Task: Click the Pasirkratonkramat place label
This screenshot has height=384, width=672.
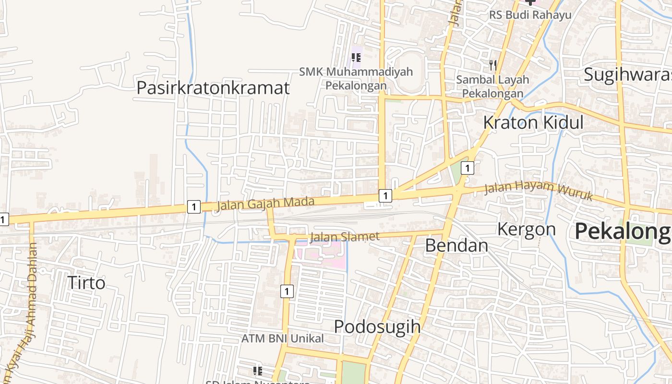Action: click(213, 88)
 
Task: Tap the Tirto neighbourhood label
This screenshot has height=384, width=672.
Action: click(86, 283)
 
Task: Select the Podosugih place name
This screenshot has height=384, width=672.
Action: click(377, 327)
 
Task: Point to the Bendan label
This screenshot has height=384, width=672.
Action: click(456, 245)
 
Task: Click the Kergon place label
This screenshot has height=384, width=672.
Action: click(526, 229)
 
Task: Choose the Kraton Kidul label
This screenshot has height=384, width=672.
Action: click(533, 122)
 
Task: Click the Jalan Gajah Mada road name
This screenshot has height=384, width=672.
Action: click(265, 204)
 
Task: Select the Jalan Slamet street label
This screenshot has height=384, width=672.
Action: click(345, 236)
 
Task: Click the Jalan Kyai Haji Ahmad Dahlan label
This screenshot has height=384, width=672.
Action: click(27, 307)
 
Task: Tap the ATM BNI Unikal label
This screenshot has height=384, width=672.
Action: click(282, 338)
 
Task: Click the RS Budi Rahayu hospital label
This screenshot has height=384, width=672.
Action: click(530, 15)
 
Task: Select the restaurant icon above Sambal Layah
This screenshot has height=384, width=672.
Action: click(492, 65)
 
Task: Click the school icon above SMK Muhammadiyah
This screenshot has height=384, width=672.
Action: click(356, 58)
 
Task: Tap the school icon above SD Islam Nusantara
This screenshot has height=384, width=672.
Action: click(258, 371)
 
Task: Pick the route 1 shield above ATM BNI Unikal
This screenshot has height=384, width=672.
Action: click(287, 291)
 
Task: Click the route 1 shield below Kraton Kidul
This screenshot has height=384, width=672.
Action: click(467, 168)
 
